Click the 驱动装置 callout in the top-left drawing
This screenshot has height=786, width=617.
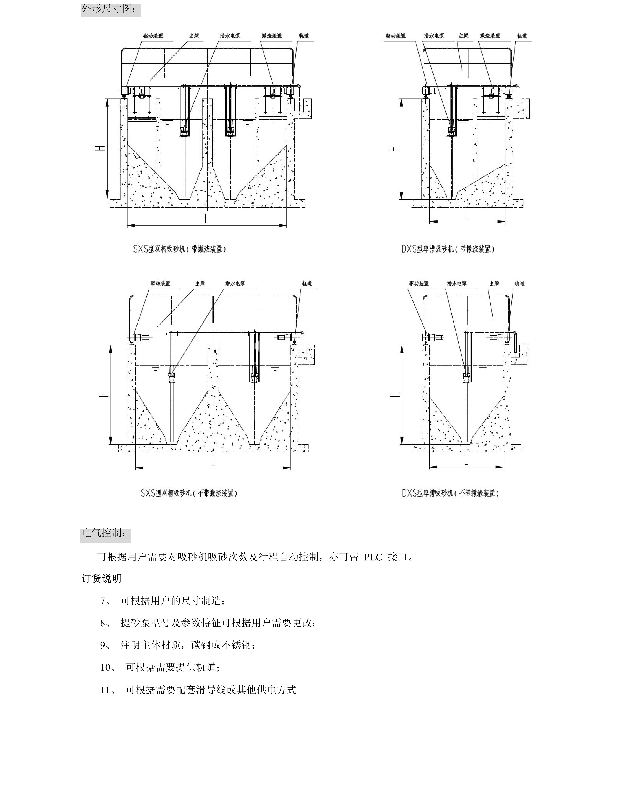[x=153, y=36]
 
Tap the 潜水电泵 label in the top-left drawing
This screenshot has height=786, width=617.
[x=230, y=36]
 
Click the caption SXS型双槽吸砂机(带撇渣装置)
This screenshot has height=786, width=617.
[x=180, y=249]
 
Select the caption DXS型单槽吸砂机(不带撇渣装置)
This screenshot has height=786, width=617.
[x=450, y=493]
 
